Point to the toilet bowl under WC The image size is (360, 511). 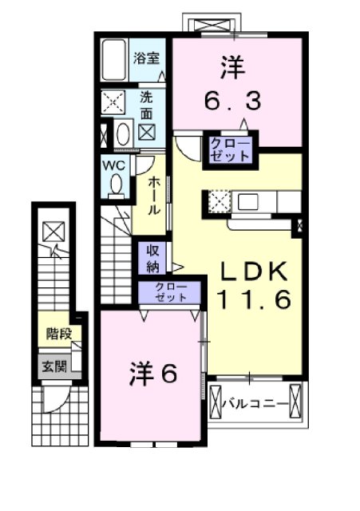pos(117,184)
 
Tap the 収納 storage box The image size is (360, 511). pos(152,258)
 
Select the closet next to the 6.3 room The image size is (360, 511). pos(229,149)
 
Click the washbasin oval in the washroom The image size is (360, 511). pos(124,133)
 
